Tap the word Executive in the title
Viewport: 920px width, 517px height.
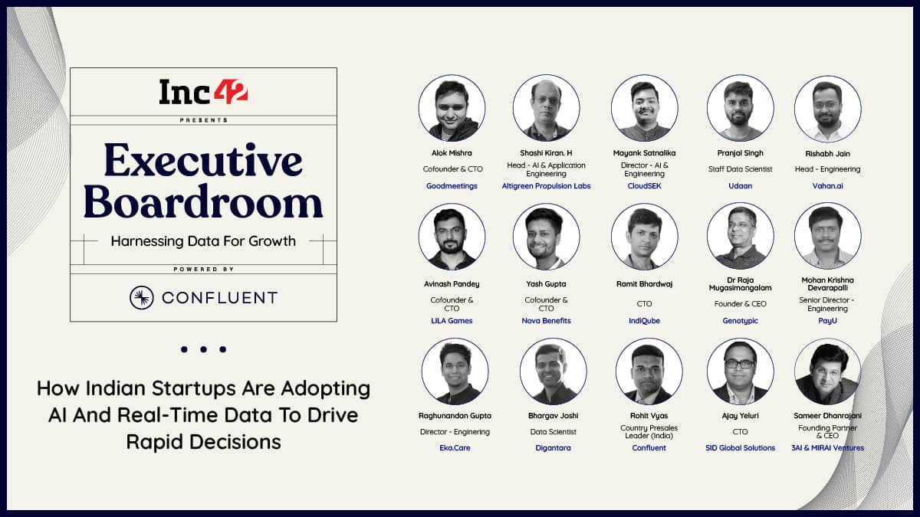[x=203, y=160]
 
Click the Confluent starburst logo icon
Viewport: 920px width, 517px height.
[x=142, y=297]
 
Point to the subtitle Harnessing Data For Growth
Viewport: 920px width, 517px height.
[x=203, y=241]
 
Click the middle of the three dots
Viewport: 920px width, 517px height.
[x=203, y=349]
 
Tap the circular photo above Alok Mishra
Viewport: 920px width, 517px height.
[x=452, y=108]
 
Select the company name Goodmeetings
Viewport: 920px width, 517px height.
[x=452, y=186]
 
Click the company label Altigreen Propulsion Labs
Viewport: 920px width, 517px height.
[x=546, y=186]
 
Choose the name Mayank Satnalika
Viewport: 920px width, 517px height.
[x=645, y=153]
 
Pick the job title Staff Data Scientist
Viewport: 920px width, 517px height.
[x=740, y=169]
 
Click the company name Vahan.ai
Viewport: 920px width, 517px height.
[x=827, y=186]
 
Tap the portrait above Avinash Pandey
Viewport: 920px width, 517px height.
[x=452, y=237]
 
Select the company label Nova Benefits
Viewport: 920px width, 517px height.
[x=546, y=320]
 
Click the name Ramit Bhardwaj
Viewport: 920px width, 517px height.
[x=645, y=284]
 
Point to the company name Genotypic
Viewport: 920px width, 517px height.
[x=740, y=320]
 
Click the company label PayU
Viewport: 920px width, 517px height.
[x=827, y=320]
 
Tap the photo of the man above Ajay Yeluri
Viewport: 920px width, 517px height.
[x=740, y=371]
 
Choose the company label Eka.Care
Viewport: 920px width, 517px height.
[x=455, y=447]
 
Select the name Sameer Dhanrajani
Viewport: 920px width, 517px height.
[x=827, y=416]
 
